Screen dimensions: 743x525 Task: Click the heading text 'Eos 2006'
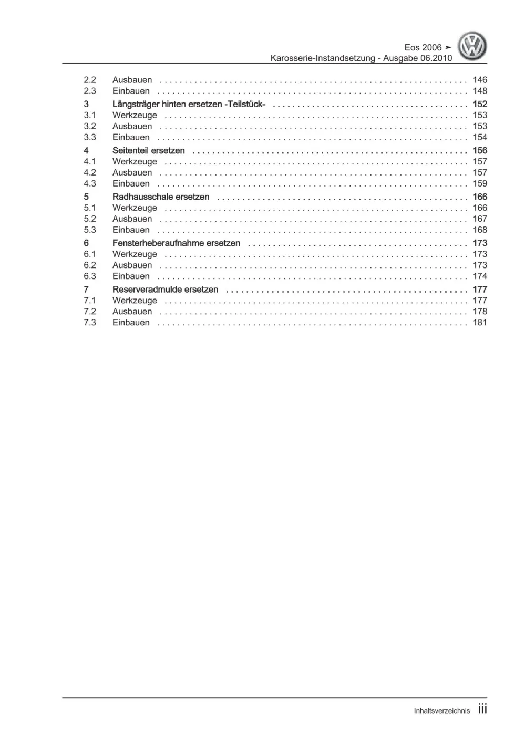coord(423,47)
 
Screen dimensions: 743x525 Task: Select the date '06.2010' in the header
coord(436,58)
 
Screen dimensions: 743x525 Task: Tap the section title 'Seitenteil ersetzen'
coord(149,150)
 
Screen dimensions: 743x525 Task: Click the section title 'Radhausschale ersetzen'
coord(161,197)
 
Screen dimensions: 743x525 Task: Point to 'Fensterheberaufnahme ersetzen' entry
coord(176,243)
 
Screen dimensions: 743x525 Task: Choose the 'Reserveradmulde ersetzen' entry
coord(165,289)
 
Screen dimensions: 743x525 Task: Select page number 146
coord(480,80)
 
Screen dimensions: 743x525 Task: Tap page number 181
coord(480,322)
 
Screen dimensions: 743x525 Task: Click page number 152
coord(480,104)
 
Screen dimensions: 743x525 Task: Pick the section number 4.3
coord(90,183)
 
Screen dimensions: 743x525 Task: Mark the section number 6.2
coord(90,265)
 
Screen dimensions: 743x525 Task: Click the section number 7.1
coord(90,300)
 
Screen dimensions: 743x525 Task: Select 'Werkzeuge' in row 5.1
coord(135,208)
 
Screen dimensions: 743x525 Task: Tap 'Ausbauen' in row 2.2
coord(132,80)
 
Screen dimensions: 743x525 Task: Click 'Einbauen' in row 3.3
coord(131,137)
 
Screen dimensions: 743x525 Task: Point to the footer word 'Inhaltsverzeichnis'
coord(442,711)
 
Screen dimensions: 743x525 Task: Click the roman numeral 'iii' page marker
coord(482,709)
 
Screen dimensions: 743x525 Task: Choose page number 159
coord(480,183)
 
